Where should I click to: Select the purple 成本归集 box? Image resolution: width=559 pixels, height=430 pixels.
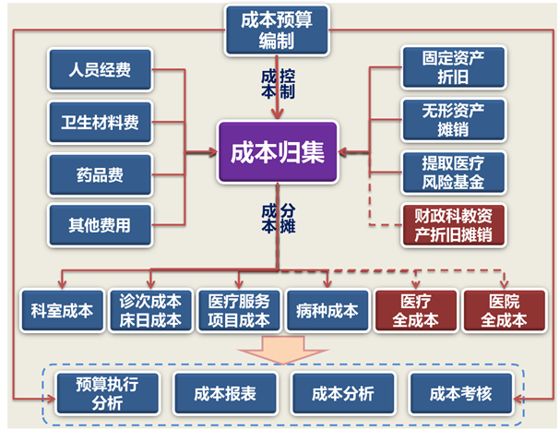(277, 151)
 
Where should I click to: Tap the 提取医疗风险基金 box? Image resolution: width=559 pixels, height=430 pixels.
(454, 171)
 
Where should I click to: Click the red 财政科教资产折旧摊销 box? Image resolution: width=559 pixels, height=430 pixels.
(454, 224)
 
